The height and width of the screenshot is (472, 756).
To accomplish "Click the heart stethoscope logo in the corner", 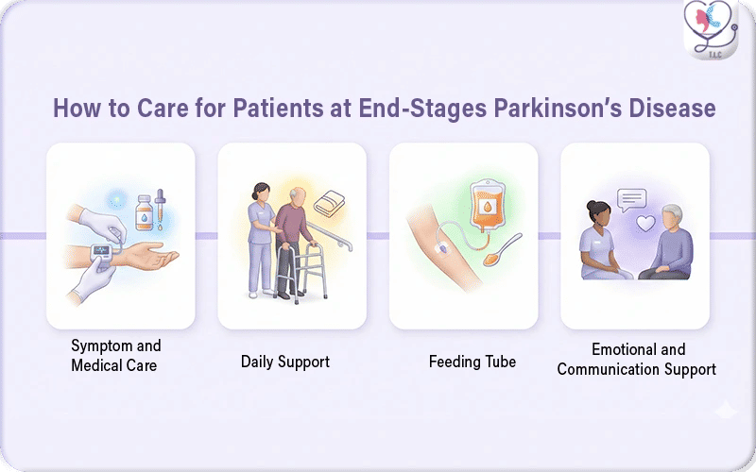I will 710,29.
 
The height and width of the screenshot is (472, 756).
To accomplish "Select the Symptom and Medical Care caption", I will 116,355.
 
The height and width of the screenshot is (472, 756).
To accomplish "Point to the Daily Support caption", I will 284,362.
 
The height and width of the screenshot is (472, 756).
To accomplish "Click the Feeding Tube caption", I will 472,362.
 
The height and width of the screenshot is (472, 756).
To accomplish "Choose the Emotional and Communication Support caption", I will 636,360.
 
